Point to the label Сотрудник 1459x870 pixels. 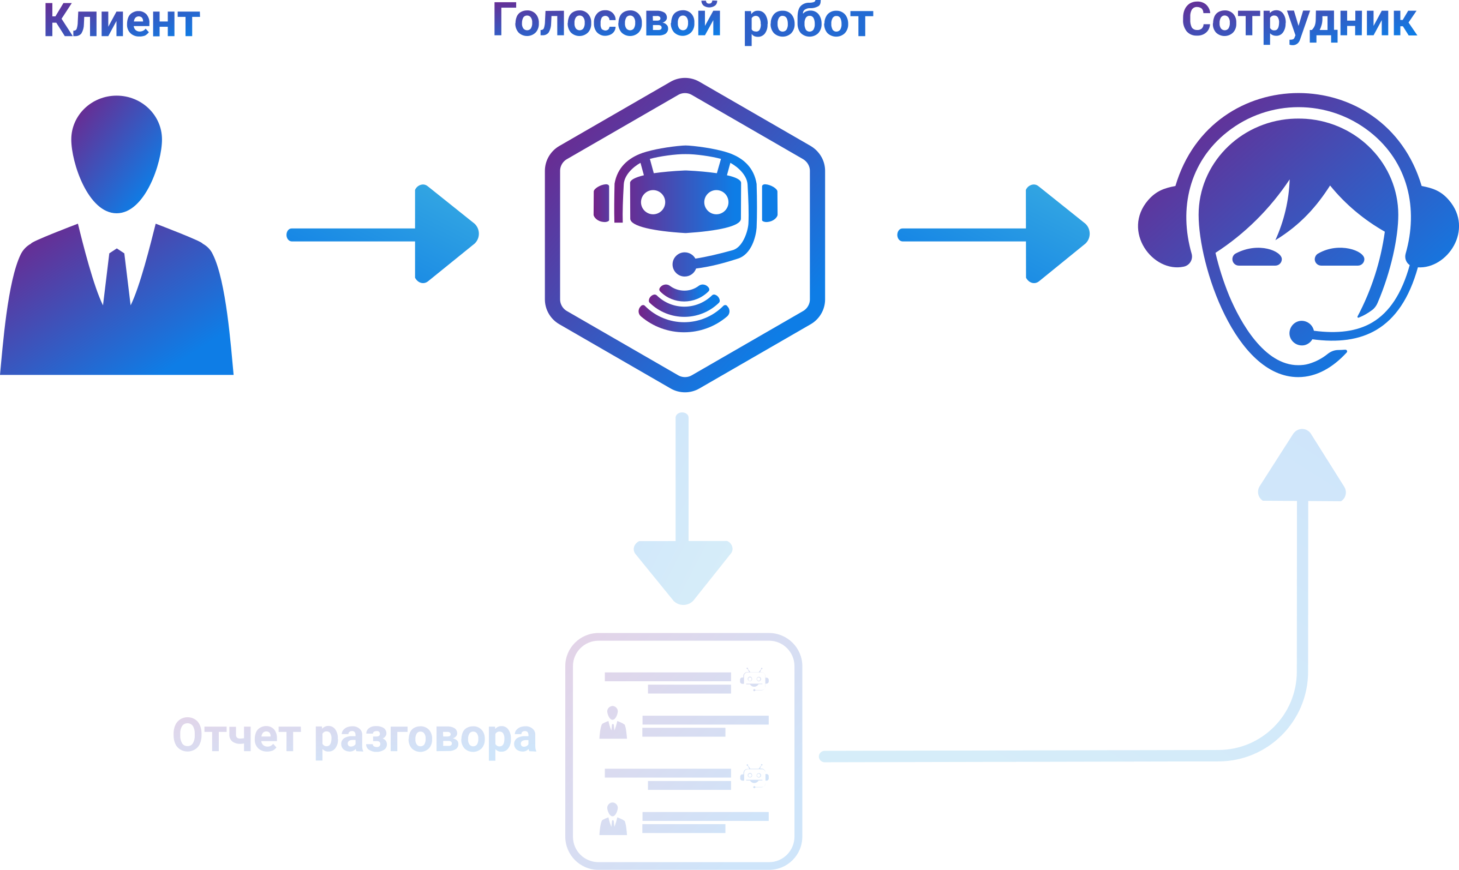[x=1299, y=22]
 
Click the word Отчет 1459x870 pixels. [x=237, y=736]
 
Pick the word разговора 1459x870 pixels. [x=426, y=737]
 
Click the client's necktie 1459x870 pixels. [x=117, y=275]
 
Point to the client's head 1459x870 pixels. [x=117, y=154]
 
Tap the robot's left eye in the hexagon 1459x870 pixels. [x=653, y=202]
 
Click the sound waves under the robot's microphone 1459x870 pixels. [x=684, y=308]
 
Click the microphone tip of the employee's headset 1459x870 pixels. [x=1301, y=333]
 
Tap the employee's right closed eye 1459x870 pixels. [x=1340, y=257]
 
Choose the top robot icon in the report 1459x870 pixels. [x=754, y=680]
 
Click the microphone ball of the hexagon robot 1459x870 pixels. [x=684, y=264]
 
